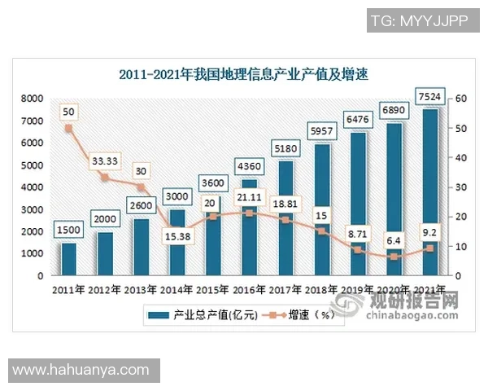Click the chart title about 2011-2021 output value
point(244,75)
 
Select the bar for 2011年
point(69,259)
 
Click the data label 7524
point(430,98)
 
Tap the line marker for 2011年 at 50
point(69,128)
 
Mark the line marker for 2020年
point(394,257)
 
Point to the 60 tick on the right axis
point(460,99)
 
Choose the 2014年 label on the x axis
point(178,290)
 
